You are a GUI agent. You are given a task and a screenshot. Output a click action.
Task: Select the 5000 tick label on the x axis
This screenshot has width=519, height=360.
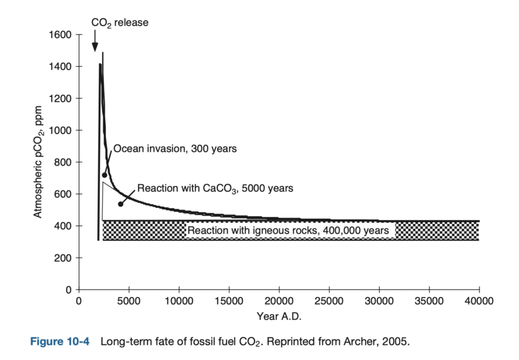[x=129, y=301]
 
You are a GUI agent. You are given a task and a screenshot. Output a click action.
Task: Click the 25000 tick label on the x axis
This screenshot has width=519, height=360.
[x=329, y=301]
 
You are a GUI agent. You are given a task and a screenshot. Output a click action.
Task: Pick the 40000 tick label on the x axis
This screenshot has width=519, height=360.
[x=479, y=301]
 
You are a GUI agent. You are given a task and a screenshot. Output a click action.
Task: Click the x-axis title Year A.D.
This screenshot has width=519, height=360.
[x=279, y=317]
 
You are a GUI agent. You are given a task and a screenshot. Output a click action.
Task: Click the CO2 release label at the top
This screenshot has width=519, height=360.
[x=120, y=23]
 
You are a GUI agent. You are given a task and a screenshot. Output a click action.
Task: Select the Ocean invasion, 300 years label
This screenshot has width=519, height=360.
[x=175, y=149]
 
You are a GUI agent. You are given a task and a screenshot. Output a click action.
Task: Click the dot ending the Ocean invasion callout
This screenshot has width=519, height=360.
[x=105, y=175]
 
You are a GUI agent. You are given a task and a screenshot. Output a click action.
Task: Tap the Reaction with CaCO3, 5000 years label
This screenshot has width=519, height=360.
[x=215, y=188]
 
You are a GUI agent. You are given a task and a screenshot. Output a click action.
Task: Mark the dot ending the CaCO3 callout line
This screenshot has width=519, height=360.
[x=121, y=204]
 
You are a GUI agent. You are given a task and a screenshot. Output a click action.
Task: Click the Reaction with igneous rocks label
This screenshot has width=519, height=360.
[x=291, y=231]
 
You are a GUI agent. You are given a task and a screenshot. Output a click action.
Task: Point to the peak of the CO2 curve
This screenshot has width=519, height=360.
[x=102, y=53]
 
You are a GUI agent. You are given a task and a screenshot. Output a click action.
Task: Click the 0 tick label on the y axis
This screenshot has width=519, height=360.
[x=70, y=290]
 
